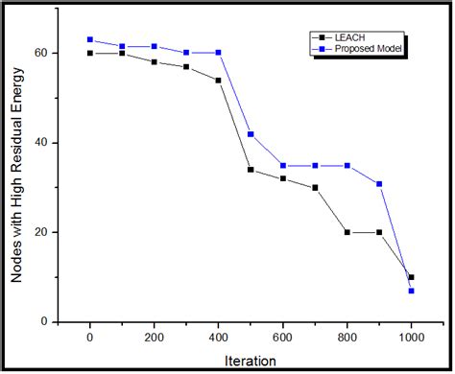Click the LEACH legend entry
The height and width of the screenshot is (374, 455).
coord(356,34)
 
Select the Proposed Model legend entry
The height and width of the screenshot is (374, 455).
coord(369,46)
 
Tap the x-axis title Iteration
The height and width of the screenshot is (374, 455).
coord(252,362)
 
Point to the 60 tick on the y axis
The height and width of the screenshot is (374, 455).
coord(41,53)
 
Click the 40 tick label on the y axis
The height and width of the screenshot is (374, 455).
coord(41,143)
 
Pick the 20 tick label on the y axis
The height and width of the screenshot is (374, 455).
coord(41,232)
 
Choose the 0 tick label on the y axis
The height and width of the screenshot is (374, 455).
coord(46,321)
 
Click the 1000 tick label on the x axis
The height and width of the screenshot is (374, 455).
coord(411,338)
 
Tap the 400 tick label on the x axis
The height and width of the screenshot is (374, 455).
coord(218,338)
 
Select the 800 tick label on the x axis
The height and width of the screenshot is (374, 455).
coord(347,338)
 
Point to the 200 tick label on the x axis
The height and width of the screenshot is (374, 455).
coord(154,338)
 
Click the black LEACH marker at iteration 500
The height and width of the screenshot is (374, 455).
coord(251,170)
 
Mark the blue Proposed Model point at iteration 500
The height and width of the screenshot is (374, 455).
coord(251,134)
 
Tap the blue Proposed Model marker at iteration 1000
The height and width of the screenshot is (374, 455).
coord(411,291)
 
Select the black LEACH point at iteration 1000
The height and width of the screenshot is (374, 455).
coord(411,277)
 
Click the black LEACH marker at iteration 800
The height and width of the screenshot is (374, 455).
coord(347,232)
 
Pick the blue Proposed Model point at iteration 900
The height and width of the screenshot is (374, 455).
coord(379,183)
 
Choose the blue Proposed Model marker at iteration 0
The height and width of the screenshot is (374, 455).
coord(90,39)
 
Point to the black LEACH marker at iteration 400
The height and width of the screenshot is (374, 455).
coord(218,81)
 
